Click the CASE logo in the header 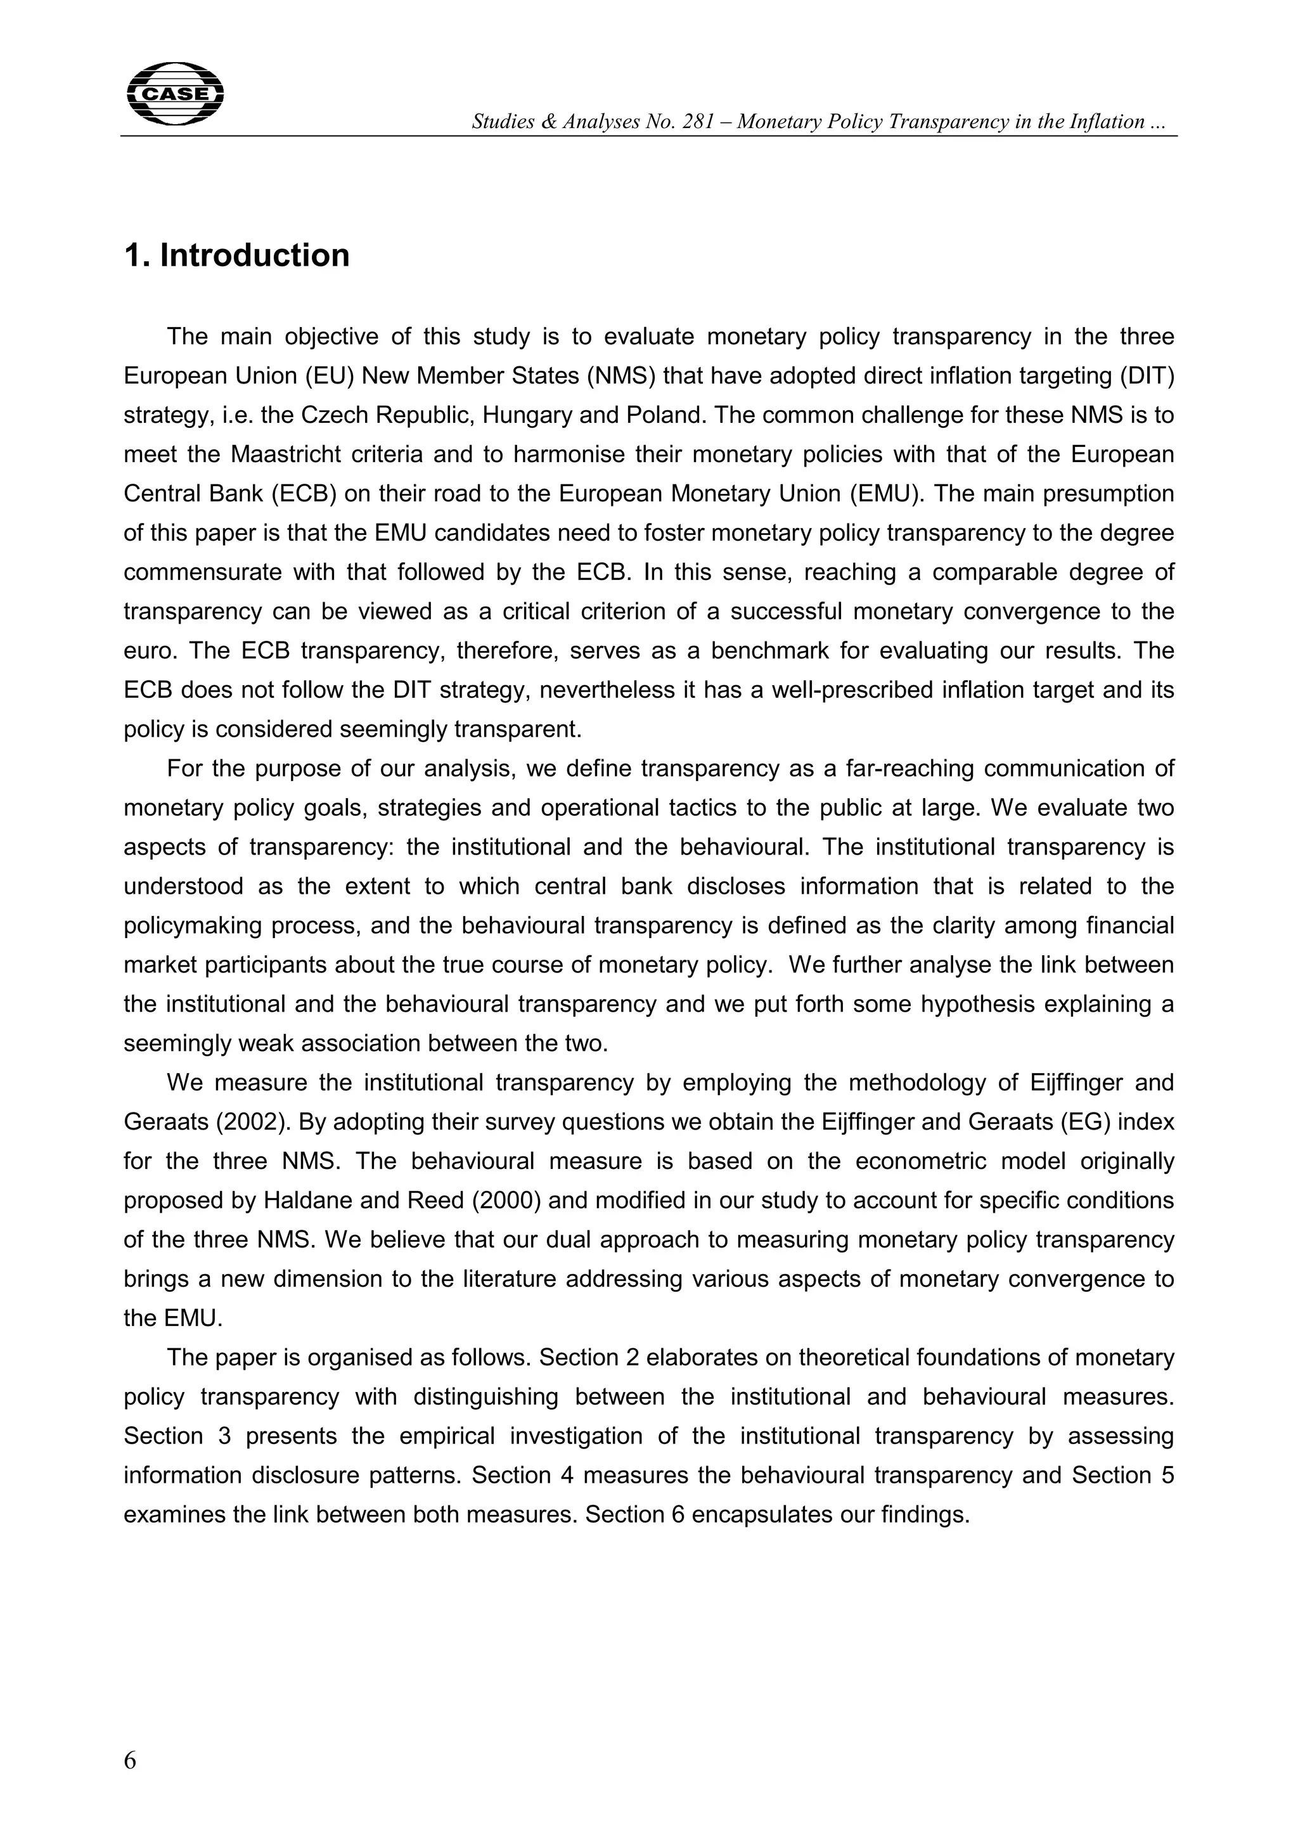coord(175,94)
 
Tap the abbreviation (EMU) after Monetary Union coord(885,494)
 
